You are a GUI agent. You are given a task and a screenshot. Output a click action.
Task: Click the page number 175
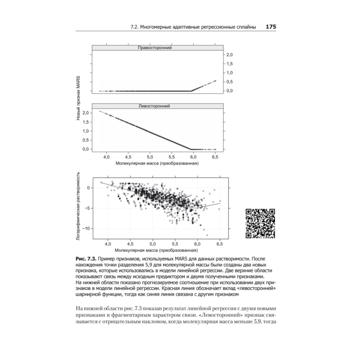[x=270, y=27]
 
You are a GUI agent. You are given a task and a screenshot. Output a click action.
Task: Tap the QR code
[x=260, y=223]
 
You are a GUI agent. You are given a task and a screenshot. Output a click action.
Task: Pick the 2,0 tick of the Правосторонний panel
[x=229, y=55]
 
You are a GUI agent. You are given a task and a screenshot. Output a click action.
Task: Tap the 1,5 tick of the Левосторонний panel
[x=86, y=122]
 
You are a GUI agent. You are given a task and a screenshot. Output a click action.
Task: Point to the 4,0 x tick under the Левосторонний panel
[x=107, y=157]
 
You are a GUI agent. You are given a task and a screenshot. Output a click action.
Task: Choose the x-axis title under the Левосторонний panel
[x=157, y=163]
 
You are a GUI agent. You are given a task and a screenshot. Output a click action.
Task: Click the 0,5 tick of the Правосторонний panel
[x=229, y=82]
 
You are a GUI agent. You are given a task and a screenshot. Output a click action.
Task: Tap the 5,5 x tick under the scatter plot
[x=175, y=244]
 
